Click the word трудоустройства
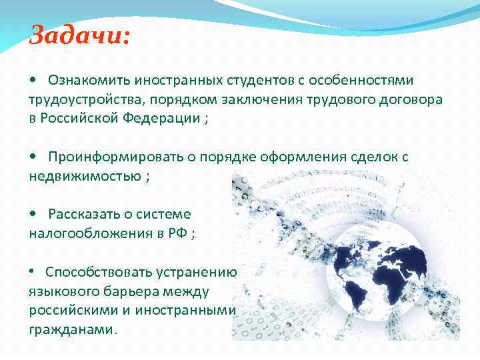[79, 100]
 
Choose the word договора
[407, 100]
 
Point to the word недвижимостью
[85, 177]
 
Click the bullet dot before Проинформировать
[34, 157]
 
